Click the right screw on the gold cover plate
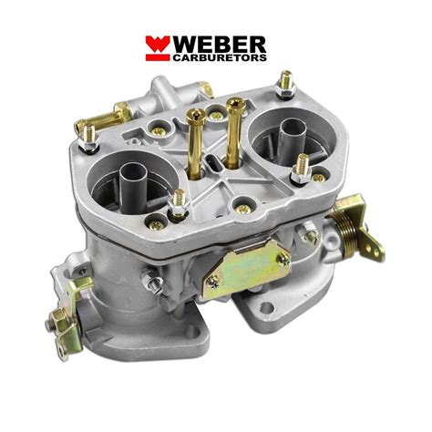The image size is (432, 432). [x=283, y=262]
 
